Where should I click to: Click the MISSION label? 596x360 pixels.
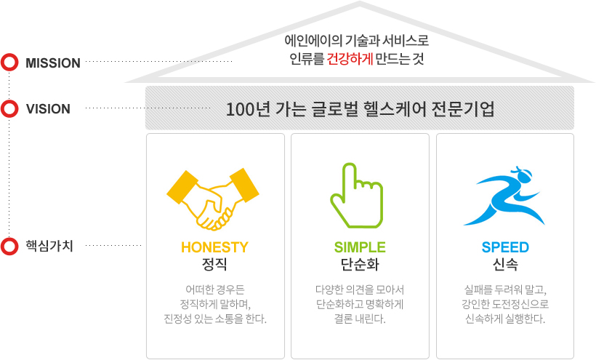pyautogui.click(x=53, y=63)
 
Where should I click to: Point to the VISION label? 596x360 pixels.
pyautogui.click(x=48, y=109)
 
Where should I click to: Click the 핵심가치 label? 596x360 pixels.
pyautogui.click(x=49, y=246)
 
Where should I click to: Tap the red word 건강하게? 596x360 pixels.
pyautogui.click(x=350, y=59)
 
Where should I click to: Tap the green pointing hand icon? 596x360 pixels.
pyautogui.click(x=357, y=196)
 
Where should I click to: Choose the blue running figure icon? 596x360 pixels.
pyautogui.click(x=504, y=196)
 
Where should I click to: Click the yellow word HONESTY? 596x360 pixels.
pyautogui.click(x=214, y=247)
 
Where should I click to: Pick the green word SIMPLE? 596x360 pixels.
pyautogui.click(x=360, y=247)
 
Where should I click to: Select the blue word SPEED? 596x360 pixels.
pyautogui.click(x=505, y=247)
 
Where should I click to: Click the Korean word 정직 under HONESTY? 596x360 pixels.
pyautogui.click(x=214, y=264)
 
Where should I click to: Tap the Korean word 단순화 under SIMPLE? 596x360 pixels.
pyautogui.click(x=360, y=264)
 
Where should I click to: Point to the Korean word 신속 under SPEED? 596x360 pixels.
pyautogui.click(x=505, y=264)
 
